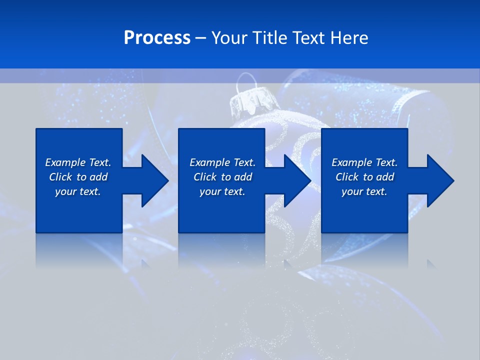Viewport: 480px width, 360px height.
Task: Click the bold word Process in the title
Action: (157, 38)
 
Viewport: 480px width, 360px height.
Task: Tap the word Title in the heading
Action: (271, 38)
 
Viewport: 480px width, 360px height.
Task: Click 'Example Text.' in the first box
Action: (78, 162)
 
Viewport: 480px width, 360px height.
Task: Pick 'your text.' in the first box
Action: (78, 191)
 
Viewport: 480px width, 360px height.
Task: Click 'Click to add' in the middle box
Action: (222, 177)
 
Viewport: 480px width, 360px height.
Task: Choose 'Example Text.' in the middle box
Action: (222, 162)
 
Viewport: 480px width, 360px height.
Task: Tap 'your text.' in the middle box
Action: (222, 191)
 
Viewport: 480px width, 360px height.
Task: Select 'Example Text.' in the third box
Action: (364, 162)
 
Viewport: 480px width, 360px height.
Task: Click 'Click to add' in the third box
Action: (364, 177)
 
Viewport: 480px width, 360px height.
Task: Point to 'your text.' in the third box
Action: (364, 191)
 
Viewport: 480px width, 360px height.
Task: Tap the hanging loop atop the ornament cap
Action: (245, 80)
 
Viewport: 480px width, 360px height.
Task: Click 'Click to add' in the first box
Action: (78, 177)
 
